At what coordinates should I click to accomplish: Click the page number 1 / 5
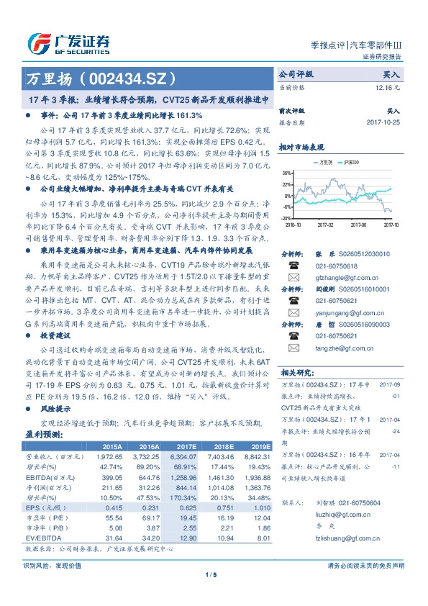coord(214,574)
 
